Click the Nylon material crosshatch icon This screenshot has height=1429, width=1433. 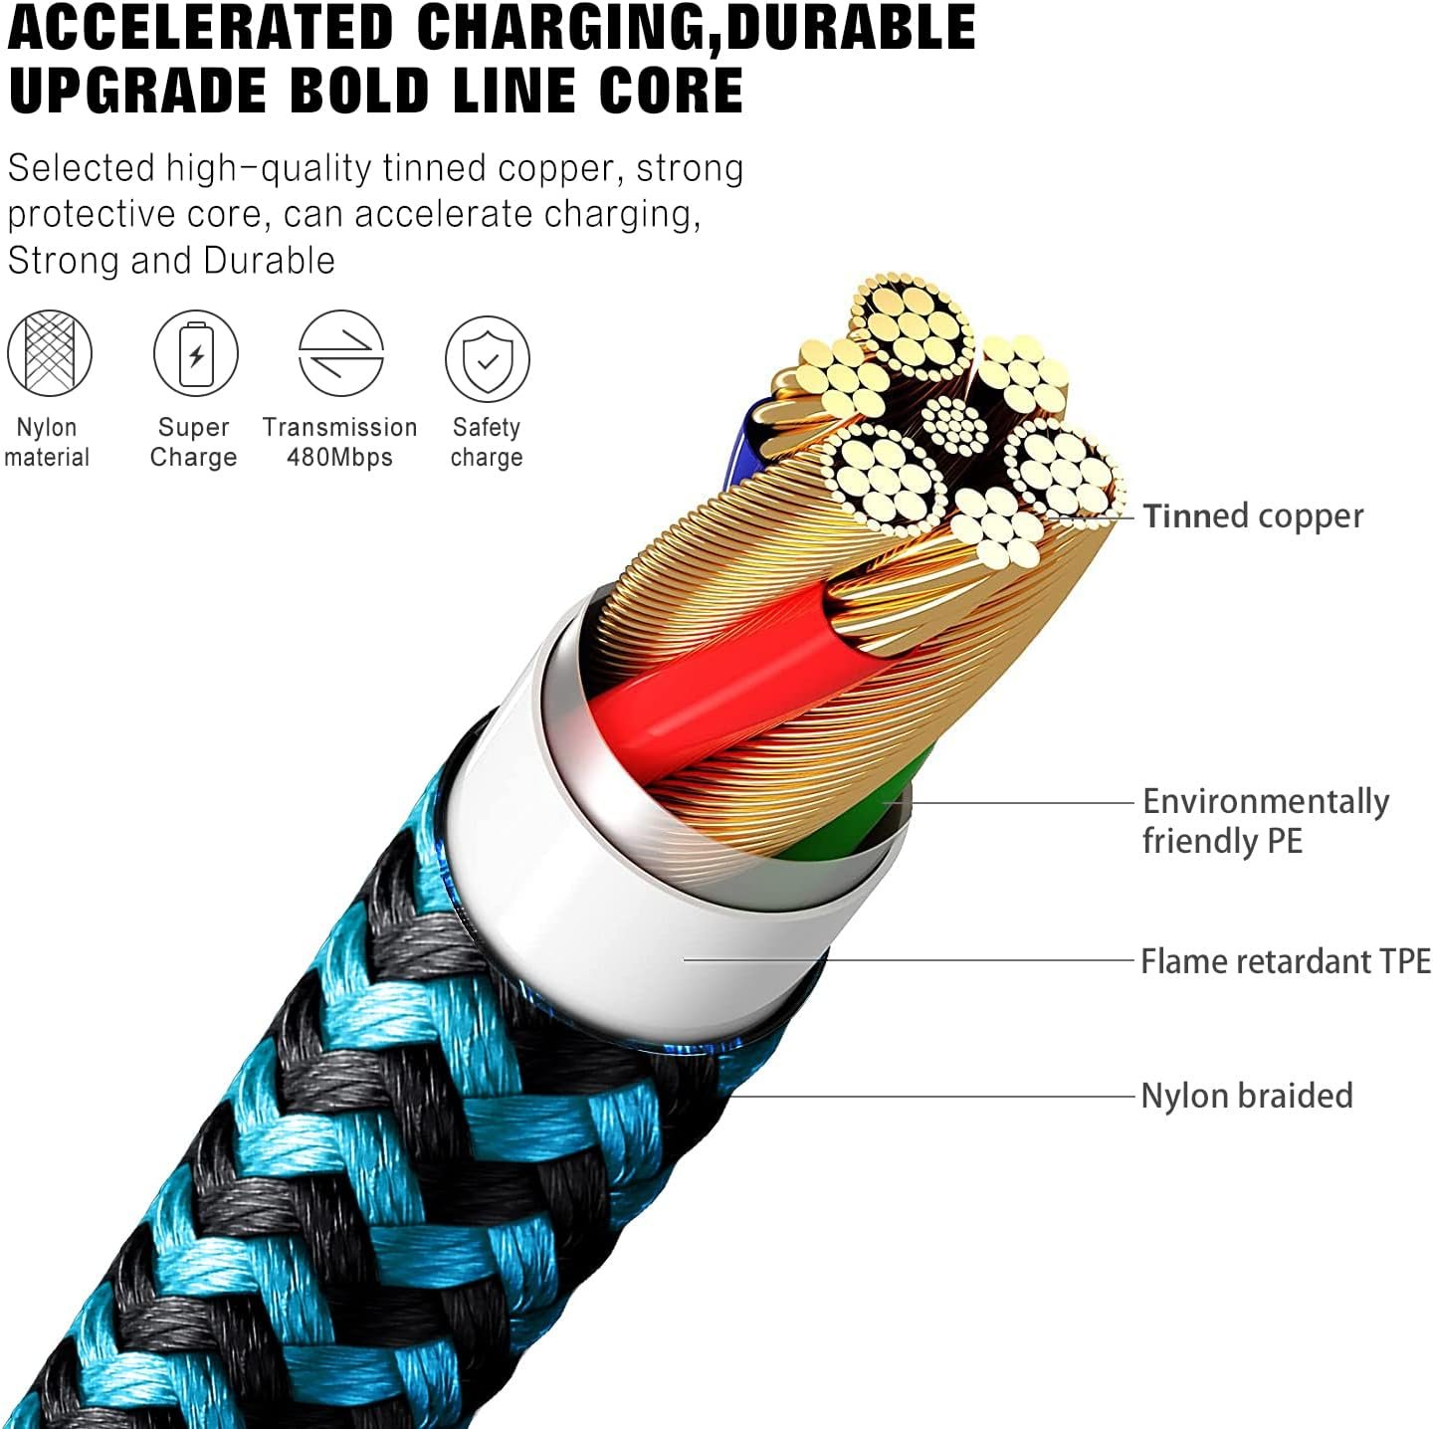coord(50,352)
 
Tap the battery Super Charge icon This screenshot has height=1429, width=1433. coord(196,352)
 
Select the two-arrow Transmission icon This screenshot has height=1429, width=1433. coord(340,352)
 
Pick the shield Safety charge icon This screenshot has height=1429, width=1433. coord(487,358)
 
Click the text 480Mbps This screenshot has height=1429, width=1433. coord(339,457)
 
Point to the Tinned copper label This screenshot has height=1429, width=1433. coord(1253,516)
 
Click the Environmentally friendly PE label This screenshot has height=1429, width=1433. coord(1266,821)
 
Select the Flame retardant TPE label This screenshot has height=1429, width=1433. coord(1286,961)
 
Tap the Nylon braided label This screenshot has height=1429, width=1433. coord(1247,1096)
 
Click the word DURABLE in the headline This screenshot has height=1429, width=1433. coord(851,28)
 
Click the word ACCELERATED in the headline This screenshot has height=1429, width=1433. coord(200,28)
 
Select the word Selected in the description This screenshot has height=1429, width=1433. coord(81,168)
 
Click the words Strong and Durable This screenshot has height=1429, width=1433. coord(171,261)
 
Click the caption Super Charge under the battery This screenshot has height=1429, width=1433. coord(193,442)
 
